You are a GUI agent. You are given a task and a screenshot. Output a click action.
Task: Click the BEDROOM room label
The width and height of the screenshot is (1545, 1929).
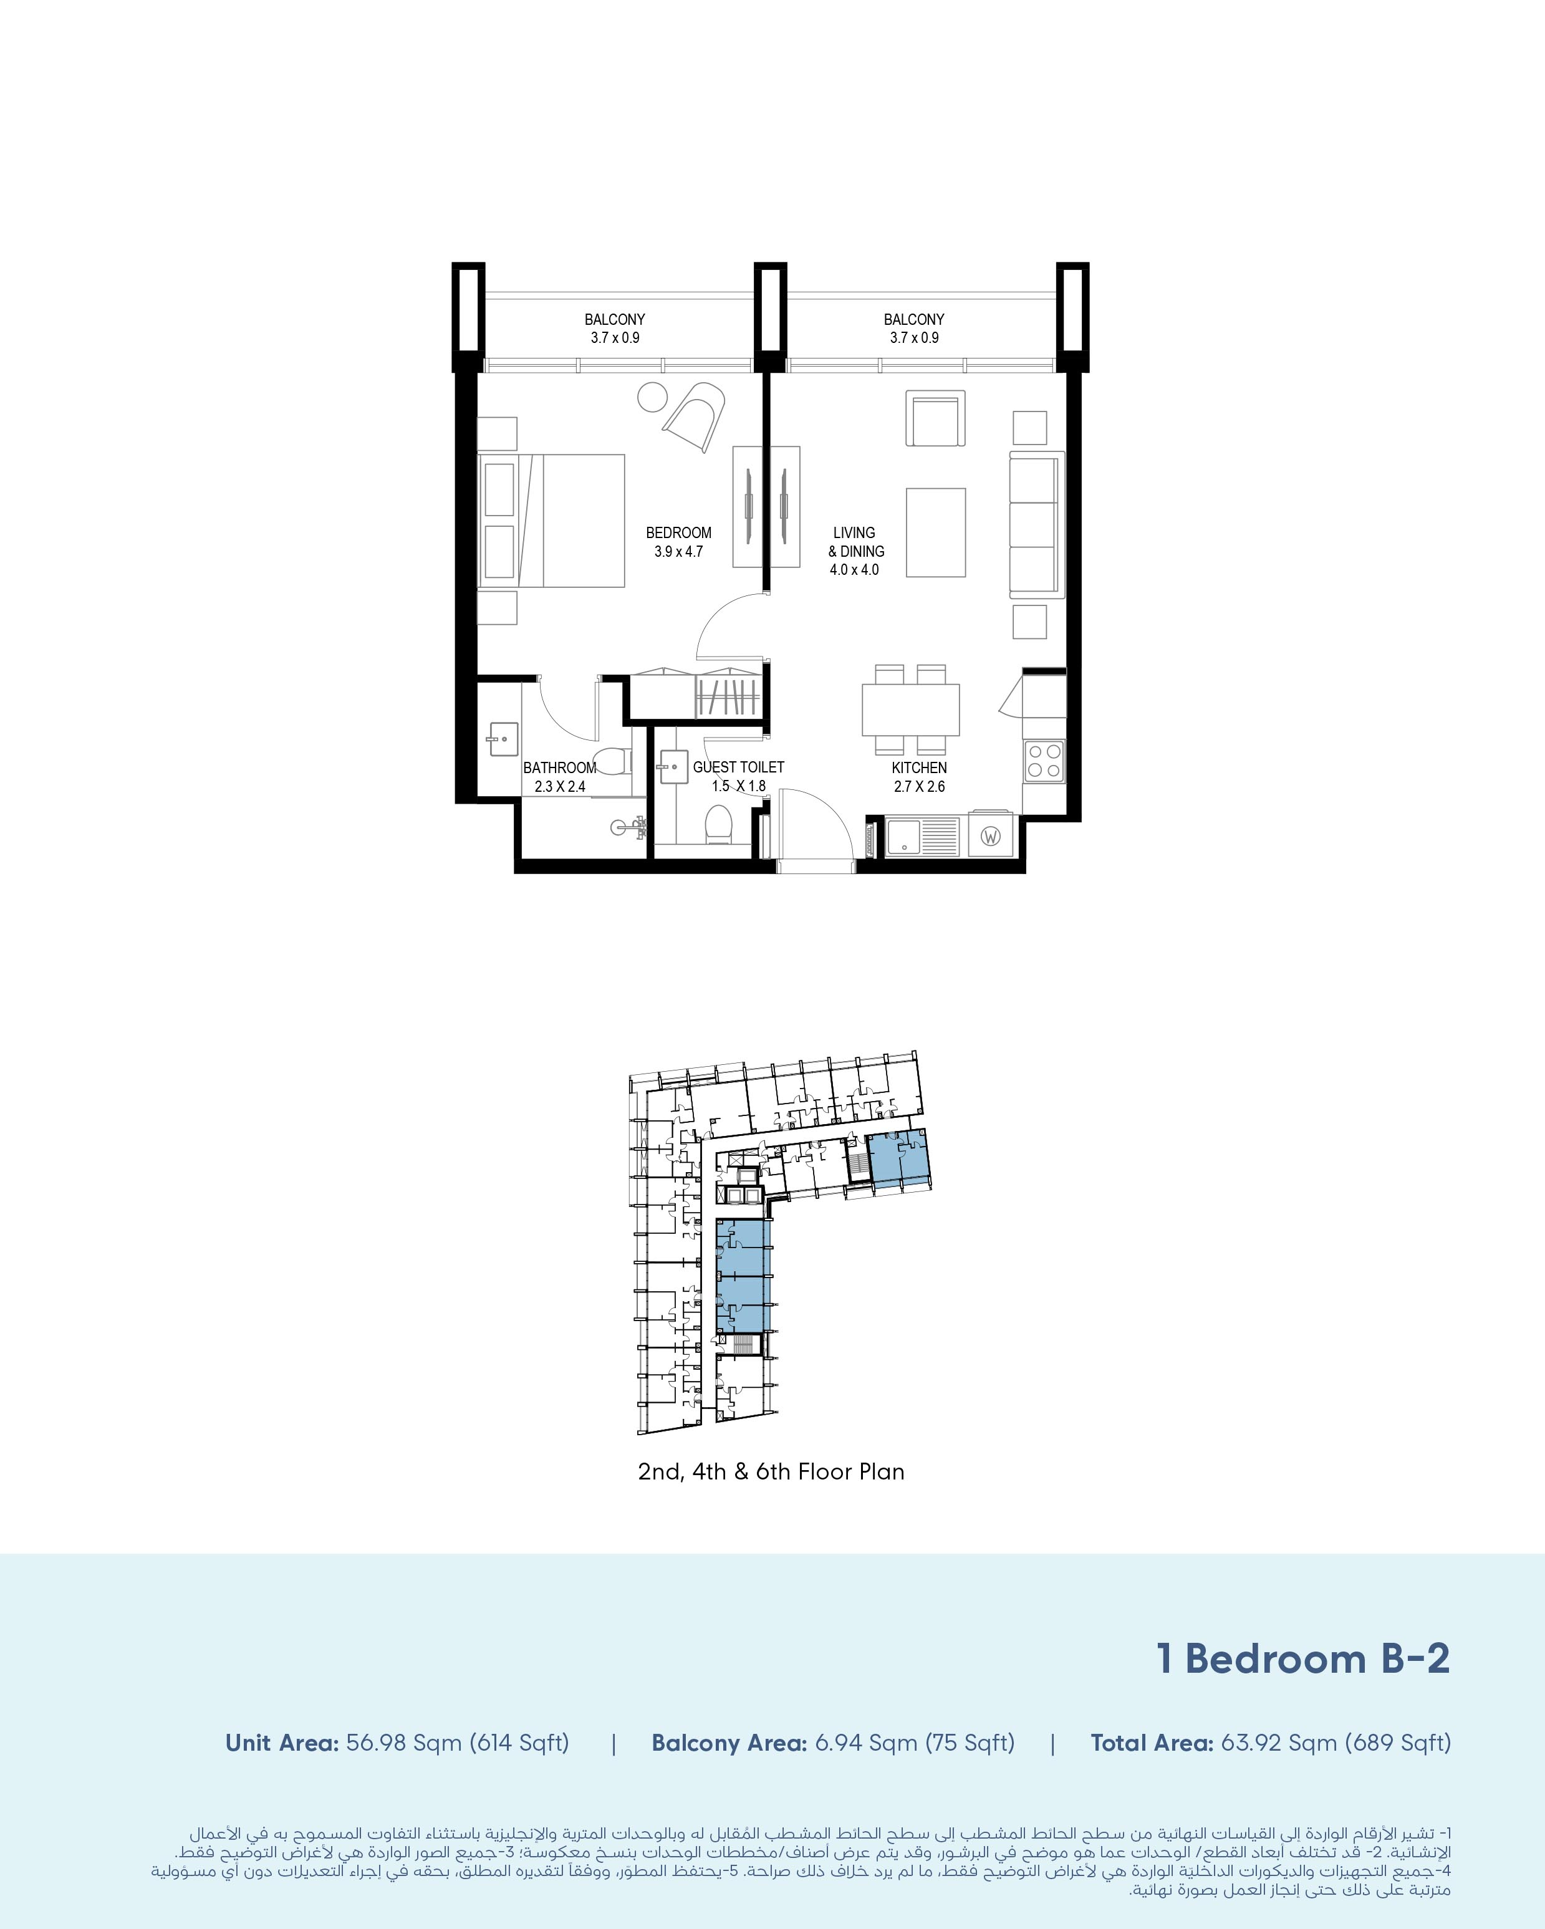pos(678,532)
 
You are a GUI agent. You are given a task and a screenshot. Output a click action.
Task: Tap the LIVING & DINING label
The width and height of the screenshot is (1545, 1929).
pos(855,541)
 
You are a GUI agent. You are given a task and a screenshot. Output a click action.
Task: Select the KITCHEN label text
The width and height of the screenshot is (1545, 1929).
pos(919,767)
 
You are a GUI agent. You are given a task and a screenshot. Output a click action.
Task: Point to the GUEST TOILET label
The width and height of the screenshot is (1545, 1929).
pos(738,767)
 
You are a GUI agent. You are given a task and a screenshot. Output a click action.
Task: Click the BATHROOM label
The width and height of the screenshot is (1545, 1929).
pos(559,767)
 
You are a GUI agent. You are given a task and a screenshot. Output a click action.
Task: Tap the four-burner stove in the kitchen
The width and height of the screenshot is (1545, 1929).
pos(1044,761)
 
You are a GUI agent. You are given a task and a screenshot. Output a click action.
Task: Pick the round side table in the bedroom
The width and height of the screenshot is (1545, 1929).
pos(652,397)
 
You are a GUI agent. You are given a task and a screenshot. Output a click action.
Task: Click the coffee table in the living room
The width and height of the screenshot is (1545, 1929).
pos(936,532)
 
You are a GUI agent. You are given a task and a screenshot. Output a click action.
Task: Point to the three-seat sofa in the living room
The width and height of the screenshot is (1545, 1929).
pos(1037,524)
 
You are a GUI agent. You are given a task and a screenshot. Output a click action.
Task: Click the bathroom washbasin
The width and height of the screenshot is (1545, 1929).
pos(503,739)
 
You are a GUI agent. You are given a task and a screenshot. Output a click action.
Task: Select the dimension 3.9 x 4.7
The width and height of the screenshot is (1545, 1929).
pos(678,551)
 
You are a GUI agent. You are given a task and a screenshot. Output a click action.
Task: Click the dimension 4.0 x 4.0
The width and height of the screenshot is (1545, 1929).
pos(854,569)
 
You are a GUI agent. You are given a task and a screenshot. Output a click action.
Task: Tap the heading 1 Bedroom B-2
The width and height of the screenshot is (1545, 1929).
pos(1302,1659)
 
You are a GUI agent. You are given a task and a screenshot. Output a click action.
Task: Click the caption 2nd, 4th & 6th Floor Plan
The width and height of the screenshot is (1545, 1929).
pos(771,1472)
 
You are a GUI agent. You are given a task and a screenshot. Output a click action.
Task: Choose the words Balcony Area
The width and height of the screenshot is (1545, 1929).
pos(729,1743)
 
